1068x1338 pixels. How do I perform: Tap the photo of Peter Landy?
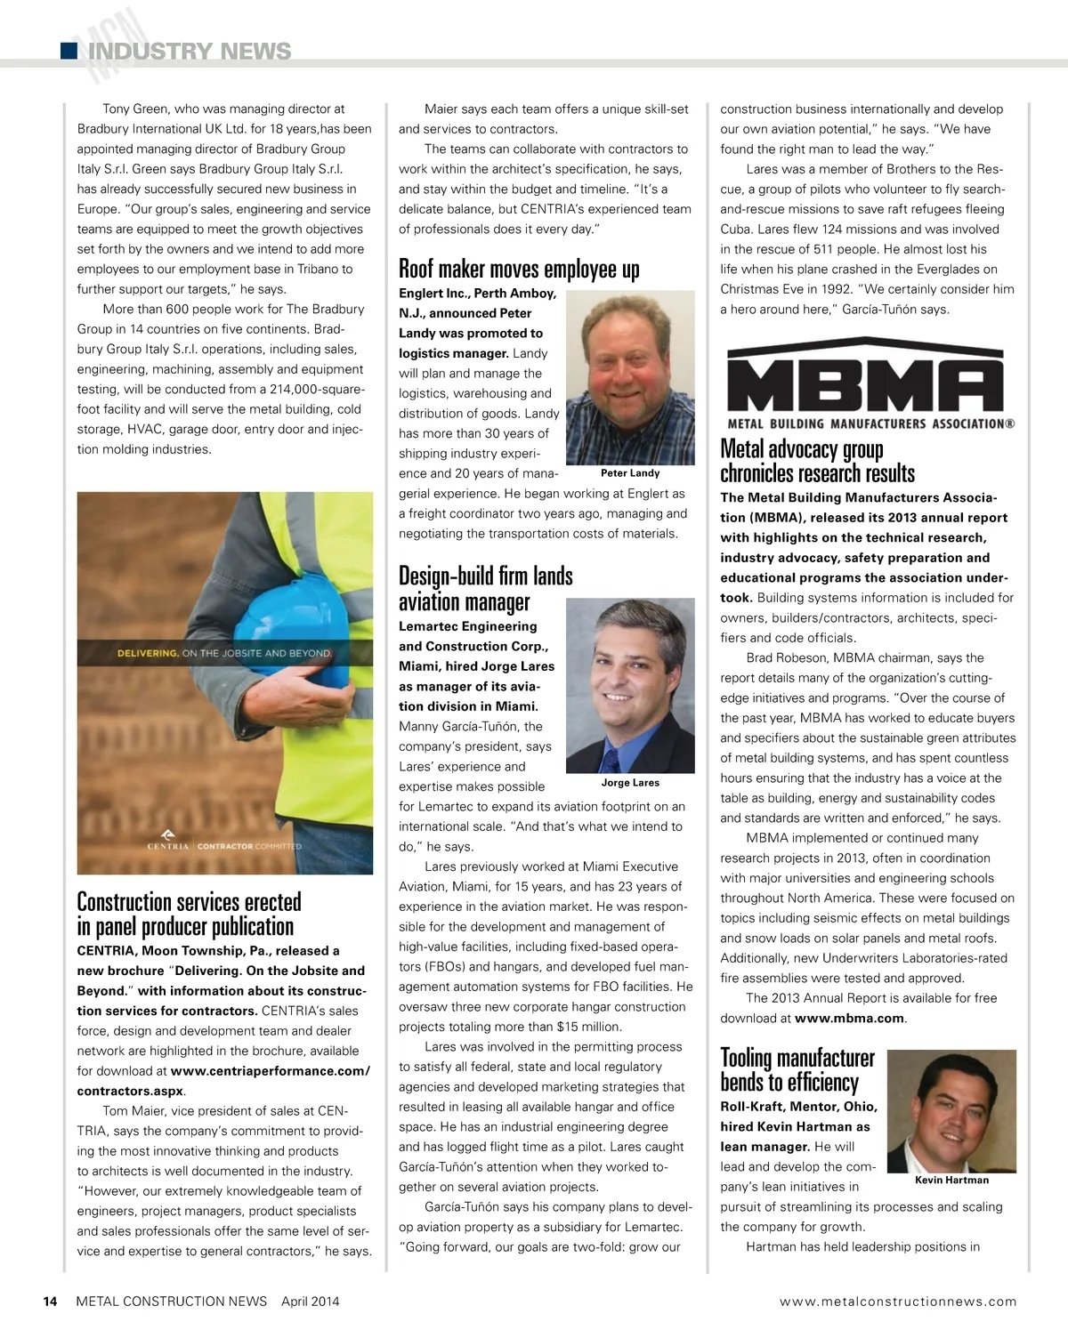pyautogui.click(x=630, y=376)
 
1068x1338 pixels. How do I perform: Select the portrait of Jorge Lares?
pyautogui.click(x=630, y=685)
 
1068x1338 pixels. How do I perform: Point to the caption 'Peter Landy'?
pyautogui.click(x=630, y=473)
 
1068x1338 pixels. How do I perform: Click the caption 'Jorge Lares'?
pyautogui.click(x=630, y=783)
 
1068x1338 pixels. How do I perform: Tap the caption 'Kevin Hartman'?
pyautogui.click(x=951, y=1181)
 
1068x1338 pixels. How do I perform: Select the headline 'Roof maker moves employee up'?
pyautogui.click(x=519, y=269)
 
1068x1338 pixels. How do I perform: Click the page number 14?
pyautogui.click(x=51, y=1302)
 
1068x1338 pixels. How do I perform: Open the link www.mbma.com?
pyautogui.click(x=848, y=1019)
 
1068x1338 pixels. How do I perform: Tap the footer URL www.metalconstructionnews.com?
pyautogui.click(x=897, y=1302)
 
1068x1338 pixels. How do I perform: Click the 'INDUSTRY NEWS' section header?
pyautogui.click(x=190, y=52)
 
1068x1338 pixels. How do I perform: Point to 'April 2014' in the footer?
pyautogui.click(x=310, y=1302)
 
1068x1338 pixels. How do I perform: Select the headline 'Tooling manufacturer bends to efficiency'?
pyautogui.click(x=797, y=1069)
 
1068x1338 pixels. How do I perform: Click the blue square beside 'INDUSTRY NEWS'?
pyautogui.click(x=69, y=51)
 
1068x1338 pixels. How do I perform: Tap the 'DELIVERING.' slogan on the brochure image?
pyautogui.click(x=148, y=653)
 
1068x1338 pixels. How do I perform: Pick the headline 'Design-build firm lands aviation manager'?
pyautogui.click(x=485, y=588)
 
